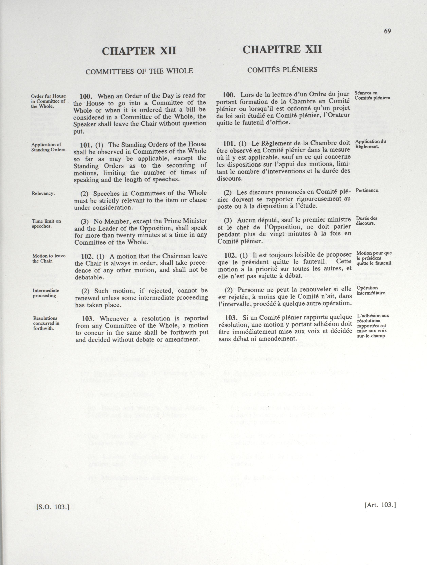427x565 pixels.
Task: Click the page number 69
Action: (387, 31)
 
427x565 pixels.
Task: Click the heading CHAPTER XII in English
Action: (139, 51)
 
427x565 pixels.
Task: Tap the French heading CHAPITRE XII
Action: (282, 49)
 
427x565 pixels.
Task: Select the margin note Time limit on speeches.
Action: (46, 223)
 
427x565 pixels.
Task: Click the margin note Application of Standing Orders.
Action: (49, 147)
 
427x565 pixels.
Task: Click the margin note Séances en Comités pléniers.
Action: (373, 95)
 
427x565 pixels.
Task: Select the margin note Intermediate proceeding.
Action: (46, 293)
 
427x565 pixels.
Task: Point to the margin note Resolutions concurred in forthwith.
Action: (46, 323)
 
